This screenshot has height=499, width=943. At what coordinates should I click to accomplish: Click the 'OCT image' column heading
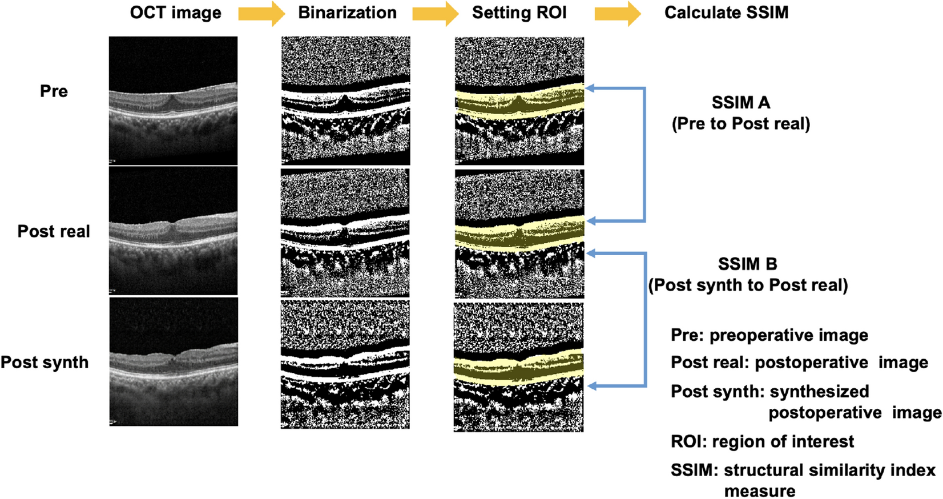pos(175,13)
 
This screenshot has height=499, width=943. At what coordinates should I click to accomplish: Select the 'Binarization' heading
pos(347,13)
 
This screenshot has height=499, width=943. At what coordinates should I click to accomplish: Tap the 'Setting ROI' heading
pos(519,13)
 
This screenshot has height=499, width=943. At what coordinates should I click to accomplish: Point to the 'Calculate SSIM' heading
pos(726,13)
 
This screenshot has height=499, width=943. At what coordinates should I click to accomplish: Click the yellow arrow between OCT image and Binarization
pos(261,13)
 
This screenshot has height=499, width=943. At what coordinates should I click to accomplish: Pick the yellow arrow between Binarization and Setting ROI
pos(434,13)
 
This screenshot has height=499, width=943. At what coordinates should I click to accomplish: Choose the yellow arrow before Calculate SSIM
pos(617,13)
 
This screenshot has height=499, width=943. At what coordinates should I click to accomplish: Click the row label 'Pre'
pos(54,91)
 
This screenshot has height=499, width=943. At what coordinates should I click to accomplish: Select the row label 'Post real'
pos(54,231)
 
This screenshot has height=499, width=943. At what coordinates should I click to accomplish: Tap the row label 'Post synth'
pos(45,362)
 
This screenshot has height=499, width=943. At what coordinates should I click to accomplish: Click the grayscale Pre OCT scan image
pos(173,100)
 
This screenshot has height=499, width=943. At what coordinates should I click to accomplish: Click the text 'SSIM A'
pos(740,103)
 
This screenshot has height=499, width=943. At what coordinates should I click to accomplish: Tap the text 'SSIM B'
pos(747,264)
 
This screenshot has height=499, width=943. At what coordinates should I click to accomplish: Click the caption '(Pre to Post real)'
pos(740,123)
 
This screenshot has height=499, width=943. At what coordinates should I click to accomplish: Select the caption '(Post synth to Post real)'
pos(747,284)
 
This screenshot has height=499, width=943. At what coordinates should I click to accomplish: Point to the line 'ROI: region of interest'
pos(762,441)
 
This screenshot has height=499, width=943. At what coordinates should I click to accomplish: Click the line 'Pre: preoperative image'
pos(769,335)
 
